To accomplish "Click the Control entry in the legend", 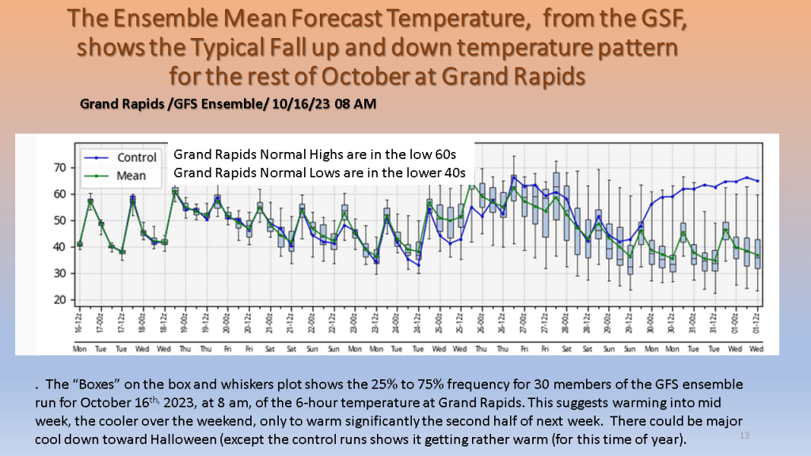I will tap(136, 158).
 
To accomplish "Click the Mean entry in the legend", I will tap(131, 176).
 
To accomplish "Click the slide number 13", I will tap(744, 435).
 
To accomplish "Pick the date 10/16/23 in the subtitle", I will tap(287, 104).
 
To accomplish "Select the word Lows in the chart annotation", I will tap(341, 171).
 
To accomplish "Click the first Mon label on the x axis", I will tap(79, 348).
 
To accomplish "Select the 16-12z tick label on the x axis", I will tap(80, 325).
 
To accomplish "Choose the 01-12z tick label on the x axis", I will tap(758, 325).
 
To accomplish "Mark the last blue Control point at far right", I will tap(758, 181).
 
